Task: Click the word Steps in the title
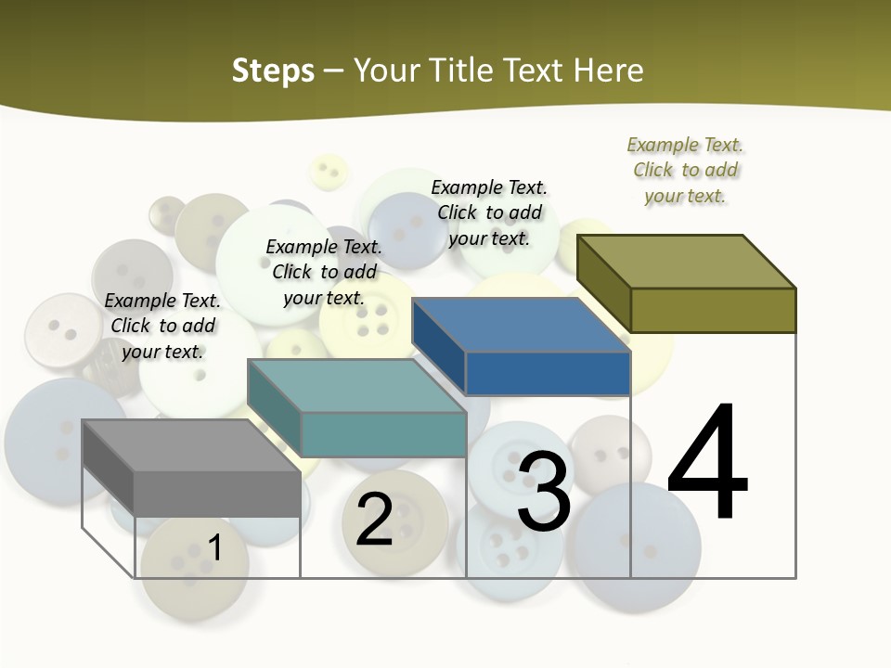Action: click(273, 71)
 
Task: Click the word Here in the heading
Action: click(608, 71)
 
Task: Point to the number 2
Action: click(374, 519)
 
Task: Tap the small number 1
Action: click(215, 547)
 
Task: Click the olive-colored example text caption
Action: click(685, 170)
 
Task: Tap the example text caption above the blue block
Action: click(489, 212)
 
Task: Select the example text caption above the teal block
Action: click(324, 272)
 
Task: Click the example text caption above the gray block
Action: click(162, 326)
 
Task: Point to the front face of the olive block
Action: click(713, 310)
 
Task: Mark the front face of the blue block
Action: click(548, 373)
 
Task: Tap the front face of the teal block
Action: click(383, 434)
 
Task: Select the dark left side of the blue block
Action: click(438, 346)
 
